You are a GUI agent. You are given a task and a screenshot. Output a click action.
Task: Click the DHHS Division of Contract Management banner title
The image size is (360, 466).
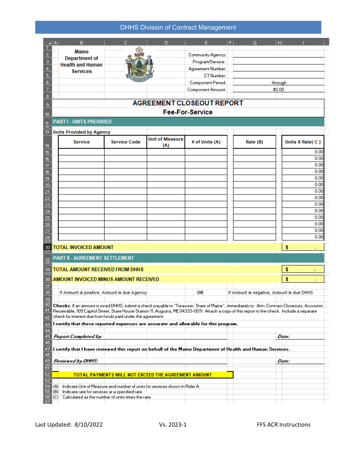(178, 27)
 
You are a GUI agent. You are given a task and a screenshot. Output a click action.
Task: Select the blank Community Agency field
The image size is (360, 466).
(279, 55)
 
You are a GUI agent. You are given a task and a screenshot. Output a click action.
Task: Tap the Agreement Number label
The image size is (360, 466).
(207, 69)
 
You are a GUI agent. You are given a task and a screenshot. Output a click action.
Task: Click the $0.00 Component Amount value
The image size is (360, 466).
(279, 90)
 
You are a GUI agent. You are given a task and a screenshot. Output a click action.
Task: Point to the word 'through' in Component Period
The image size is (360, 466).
(279, 83)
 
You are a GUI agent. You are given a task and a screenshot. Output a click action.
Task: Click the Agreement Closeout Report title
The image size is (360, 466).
(188, 103)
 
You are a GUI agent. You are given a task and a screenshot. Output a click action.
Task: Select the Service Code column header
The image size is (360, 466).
(125, 142)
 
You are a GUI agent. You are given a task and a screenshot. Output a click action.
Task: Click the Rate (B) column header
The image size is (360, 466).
(254, 142)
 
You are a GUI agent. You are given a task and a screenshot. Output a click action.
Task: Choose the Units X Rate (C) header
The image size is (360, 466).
(303, 142)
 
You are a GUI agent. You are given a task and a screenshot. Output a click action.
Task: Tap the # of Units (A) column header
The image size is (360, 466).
(206, 142)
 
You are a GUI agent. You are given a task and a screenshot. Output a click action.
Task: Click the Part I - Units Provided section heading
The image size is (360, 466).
(82, 122)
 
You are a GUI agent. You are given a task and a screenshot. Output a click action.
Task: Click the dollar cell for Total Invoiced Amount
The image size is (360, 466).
(303, 247)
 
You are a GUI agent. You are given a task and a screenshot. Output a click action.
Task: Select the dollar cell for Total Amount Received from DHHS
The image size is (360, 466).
(303, 269)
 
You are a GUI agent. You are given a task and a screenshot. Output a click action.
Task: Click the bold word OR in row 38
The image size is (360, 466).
(200, 292)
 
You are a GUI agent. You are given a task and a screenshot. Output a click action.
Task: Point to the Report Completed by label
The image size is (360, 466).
(78, 336)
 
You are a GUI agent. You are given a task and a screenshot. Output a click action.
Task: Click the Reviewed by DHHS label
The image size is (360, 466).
(75, 361)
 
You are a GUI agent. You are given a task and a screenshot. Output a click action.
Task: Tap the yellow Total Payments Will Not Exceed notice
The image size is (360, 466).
(142, 375)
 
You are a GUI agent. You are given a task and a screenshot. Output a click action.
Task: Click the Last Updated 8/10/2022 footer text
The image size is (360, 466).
(69, 425)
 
